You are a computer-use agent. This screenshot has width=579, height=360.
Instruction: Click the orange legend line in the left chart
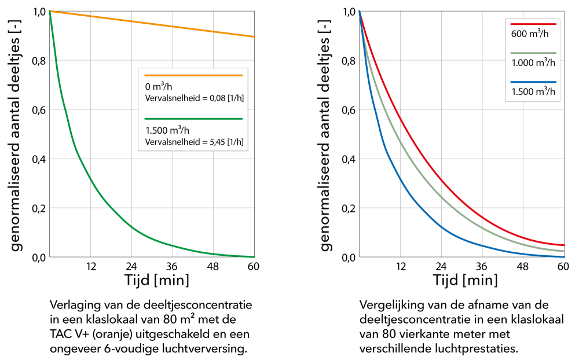click(x=193, y=75)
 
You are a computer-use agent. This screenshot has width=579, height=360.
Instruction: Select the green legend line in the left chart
click(x=193, y=119)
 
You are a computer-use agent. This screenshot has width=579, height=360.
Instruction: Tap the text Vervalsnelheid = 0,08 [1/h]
click(x=194, y=98)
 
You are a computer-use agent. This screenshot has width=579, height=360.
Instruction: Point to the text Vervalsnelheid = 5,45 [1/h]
click(x=194, y=141)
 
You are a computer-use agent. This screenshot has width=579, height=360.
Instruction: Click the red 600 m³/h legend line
click(x=533, y=24)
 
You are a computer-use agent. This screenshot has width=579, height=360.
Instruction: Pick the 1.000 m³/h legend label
click(x=533, y=63)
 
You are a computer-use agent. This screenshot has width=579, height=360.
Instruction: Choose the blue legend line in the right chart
click(x=533, y=82)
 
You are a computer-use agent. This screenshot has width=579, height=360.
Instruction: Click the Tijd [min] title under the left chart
click(x=156, y=280)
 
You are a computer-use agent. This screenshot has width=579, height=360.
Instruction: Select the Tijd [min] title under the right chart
click(x=466, y=280)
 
